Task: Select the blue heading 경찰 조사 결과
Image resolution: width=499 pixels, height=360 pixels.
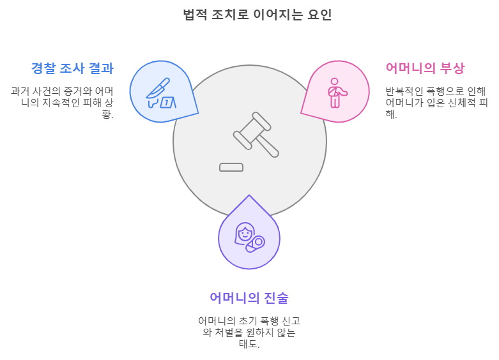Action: [x=72, y=68]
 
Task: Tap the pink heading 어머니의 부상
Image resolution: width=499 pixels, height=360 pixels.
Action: [x=425, y=68]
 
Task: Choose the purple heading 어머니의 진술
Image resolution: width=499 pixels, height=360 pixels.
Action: [x=249, y=298]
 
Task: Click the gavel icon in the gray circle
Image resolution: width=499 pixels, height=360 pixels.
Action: [x=256, y=135]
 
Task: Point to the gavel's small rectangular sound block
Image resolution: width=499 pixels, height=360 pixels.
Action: [x=231, y=167]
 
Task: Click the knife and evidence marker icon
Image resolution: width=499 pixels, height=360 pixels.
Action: [x=160, y=93]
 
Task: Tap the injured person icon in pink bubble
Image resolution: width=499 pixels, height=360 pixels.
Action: [x=335, y=93]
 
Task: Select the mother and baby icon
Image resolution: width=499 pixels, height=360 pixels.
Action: [x=249, y=237]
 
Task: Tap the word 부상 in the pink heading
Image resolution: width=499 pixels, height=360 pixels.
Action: [x=452, y=68]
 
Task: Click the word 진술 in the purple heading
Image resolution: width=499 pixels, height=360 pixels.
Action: [x=275, y=298]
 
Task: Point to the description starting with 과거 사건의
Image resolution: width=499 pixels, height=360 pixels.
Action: [x=62, y=102]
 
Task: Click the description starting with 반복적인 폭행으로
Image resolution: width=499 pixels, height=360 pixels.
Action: [x=436, y=102]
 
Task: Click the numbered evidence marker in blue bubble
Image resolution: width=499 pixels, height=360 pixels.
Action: [x=167, y=102]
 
